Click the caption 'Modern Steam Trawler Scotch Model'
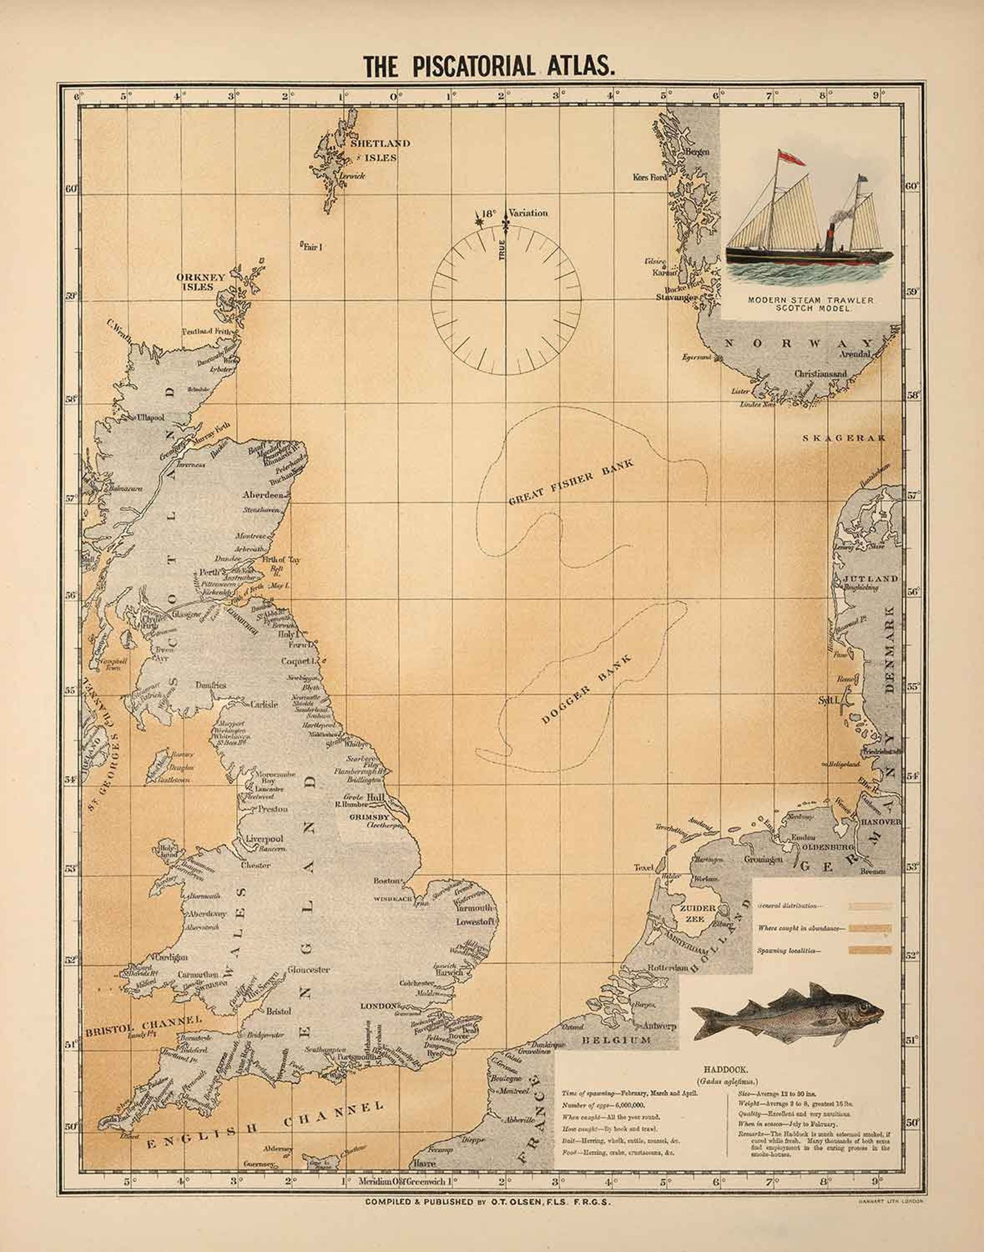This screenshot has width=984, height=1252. click(810, 304)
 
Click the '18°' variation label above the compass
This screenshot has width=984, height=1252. click(489, 213)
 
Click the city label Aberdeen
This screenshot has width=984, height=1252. click(263, 495)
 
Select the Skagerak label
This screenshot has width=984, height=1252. click(843, 438)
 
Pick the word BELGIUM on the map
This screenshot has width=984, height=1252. click(616, 1039)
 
